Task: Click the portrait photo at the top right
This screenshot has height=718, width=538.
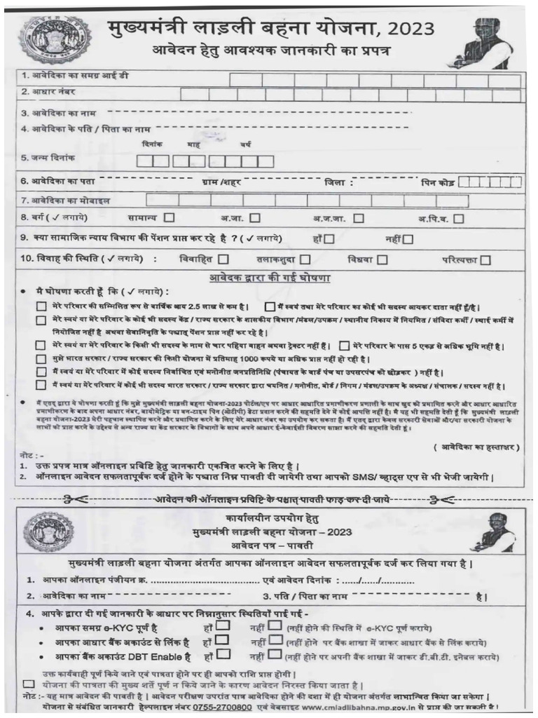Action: point(488,41)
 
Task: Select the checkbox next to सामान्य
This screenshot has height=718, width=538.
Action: point(170,218)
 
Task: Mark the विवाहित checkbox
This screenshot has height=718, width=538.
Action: point(223,259)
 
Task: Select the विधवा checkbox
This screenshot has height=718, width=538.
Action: point(382,259)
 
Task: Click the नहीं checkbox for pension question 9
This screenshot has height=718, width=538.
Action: point(408,238)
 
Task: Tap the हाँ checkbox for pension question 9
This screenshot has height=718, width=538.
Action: point(329,238)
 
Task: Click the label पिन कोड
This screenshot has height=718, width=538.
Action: point(438,182)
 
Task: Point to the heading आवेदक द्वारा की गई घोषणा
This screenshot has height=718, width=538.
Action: point(270,278)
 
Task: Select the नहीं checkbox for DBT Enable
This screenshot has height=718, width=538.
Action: point(275,656)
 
